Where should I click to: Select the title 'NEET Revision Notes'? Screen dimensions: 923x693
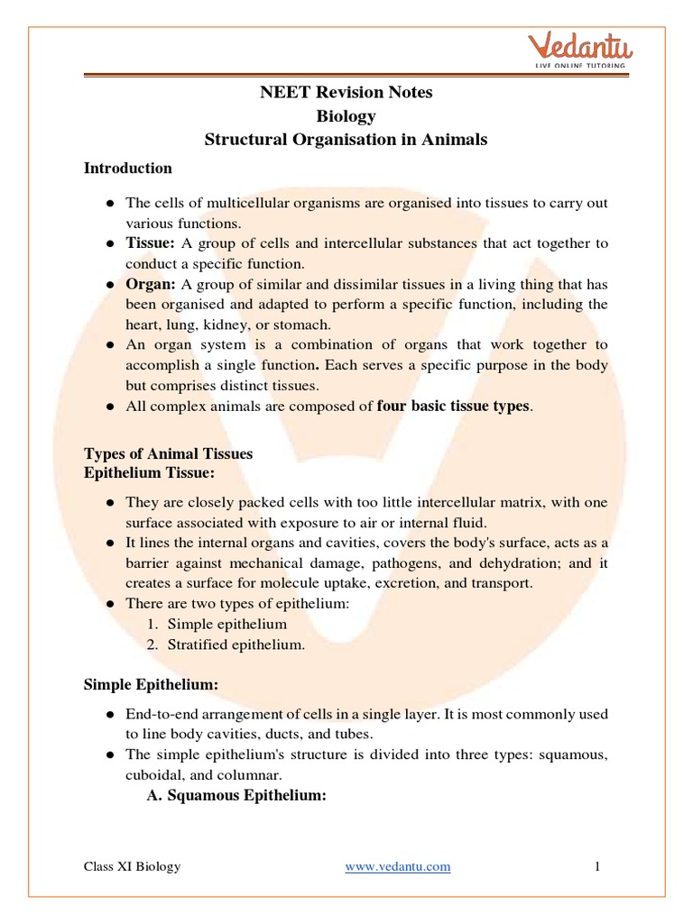(x=346, y=93)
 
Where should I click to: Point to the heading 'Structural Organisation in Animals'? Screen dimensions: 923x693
(x=346, y=139)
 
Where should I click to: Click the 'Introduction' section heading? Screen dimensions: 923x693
(x=127, y=168)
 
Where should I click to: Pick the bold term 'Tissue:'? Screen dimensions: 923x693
(x=151, y=243)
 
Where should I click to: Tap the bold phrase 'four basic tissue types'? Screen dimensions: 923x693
(x=454, y=406)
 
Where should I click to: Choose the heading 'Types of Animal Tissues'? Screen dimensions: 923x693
(x=168, y=453)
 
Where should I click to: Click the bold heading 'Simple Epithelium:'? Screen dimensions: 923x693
(x=151, y=685)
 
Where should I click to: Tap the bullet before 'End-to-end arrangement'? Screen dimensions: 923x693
(x=109, y=714)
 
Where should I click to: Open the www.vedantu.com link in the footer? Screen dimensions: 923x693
(x=397, y=866)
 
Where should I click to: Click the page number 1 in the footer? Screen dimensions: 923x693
(x=597, y=866)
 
